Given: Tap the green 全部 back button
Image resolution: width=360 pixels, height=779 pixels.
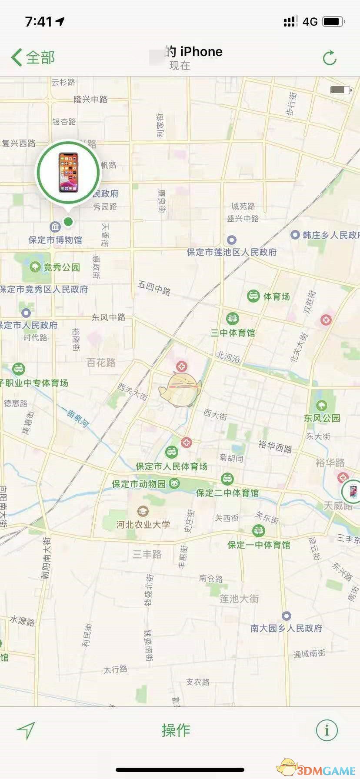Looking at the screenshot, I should [33, 57].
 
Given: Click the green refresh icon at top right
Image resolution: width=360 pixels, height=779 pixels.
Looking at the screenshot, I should [330, 58].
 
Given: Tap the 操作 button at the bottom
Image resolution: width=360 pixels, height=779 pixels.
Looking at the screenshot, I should [176, 730].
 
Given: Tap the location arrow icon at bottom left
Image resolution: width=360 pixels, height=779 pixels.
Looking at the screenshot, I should [26, 730].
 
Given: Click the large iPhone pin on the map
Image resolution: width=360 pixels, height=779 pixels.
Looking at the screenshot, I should [68, 172].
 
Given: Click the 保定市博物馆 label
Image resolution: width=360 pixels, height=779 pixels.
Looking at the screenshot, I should [55, 240].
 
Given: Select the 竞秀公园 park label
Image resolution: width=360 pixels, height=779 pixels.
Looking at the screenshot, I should [61, 267].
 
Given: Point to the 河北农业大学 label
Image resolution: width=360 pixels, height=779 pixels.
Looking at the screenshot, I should [143, 524].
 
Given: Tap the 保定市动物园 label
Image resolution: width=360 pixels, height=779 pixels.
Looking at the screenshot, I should [139, 483].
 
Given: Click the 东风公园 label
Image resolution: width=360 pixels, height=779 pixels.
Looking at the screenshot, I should [322, 418].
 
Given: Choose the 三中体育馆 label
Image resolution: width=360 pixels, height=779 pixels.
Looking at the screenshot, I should [233, 333].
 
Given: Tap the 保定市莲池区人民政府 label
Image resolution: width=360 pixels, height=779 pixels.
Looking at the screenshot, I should [232, 252].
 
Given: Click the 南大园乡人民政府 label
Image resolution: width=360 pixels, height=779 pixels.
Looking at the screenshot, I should [286, 628].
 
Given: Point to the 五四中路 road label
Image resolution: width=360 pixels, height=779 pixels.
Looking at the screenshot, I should [154, 287].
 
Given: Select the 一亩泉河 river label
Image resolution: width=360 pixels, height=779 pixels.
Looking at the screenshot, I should [75, 417].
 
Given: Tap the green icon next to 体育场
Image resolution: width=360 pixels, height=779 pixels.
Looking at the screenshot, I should [253, 296].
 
